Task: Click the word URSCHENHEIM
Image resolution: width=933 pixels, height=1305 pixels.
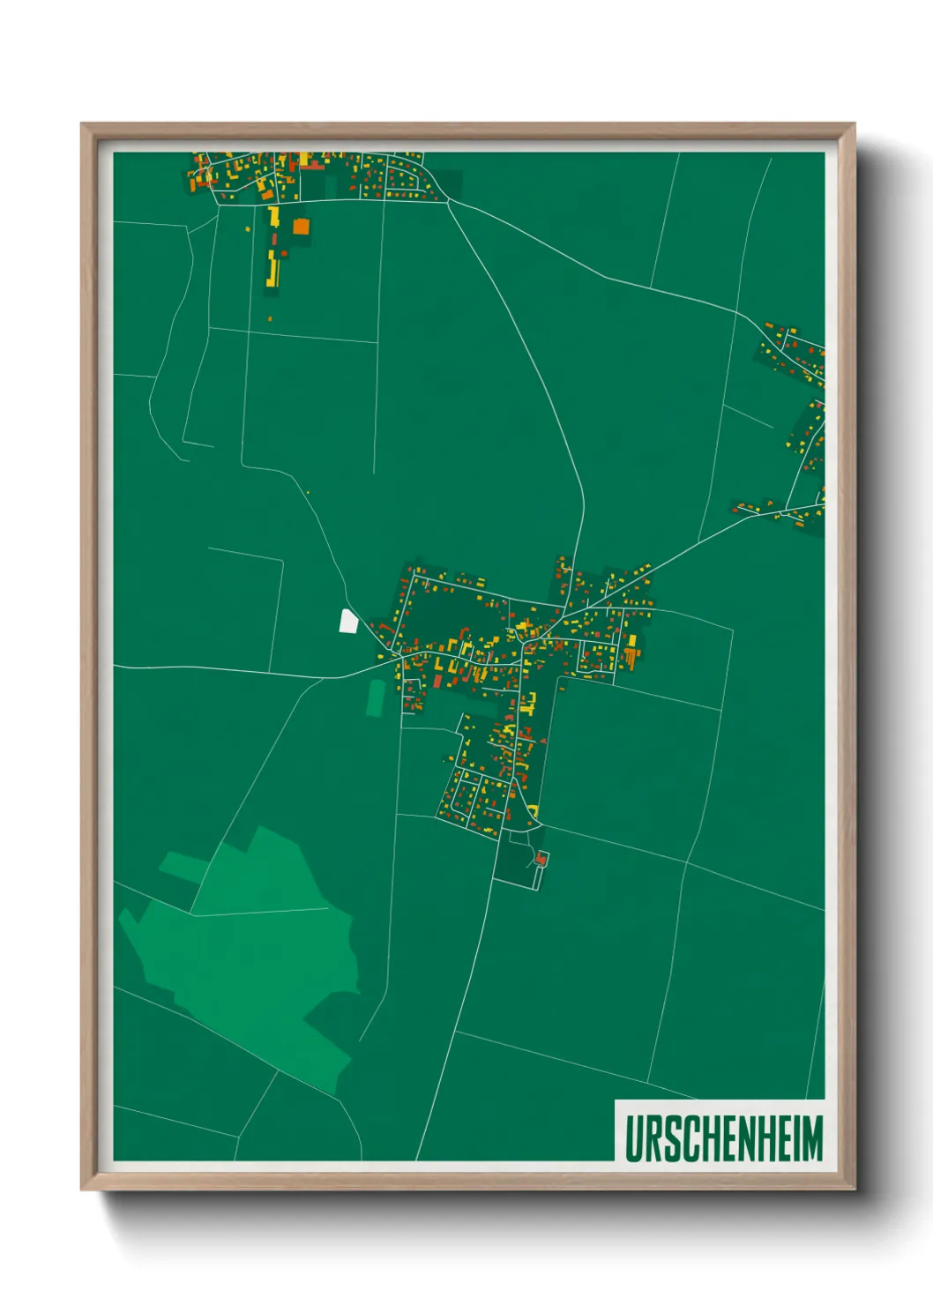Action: [x=723, y=1137]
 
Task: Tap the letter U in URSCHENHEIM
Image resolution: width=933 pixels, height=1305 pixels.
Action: [x=634, y=1137]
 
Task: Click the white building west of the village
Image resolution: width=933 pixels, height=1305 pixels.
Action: [x=348, y=621]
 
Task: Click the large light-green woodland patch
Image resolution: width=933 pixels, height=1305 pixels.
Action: [x=256, y=952]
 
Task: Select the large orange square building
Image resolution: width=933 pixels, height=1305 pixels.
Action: [x=301, y=226]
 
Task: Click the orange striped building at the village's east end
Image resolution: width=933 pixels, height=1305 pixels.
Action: [x=630, y=656]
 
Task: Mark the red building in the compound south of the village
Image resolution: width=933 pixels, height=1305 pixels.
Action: [x=541, y=857]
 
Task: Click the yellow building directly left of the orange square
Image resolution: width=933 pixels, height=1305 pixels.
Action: [x=274, y=217]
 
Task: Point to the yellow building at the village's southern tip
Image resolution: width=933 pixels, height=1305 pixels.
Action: [x=533, y=810]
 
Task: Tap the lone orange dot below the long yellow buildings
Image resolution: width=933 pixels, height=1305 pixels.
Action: [x=270, y=318]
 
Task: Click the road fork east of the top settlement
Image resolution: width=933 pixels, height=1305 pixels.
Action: [x=448, y=202]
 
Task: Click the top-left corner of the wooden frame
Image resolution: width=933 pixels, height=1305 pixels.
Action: [x=82, y=124]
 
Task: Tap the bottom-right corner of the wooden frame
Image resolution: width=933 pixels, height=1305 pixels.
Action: [x=854, y=1189]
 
